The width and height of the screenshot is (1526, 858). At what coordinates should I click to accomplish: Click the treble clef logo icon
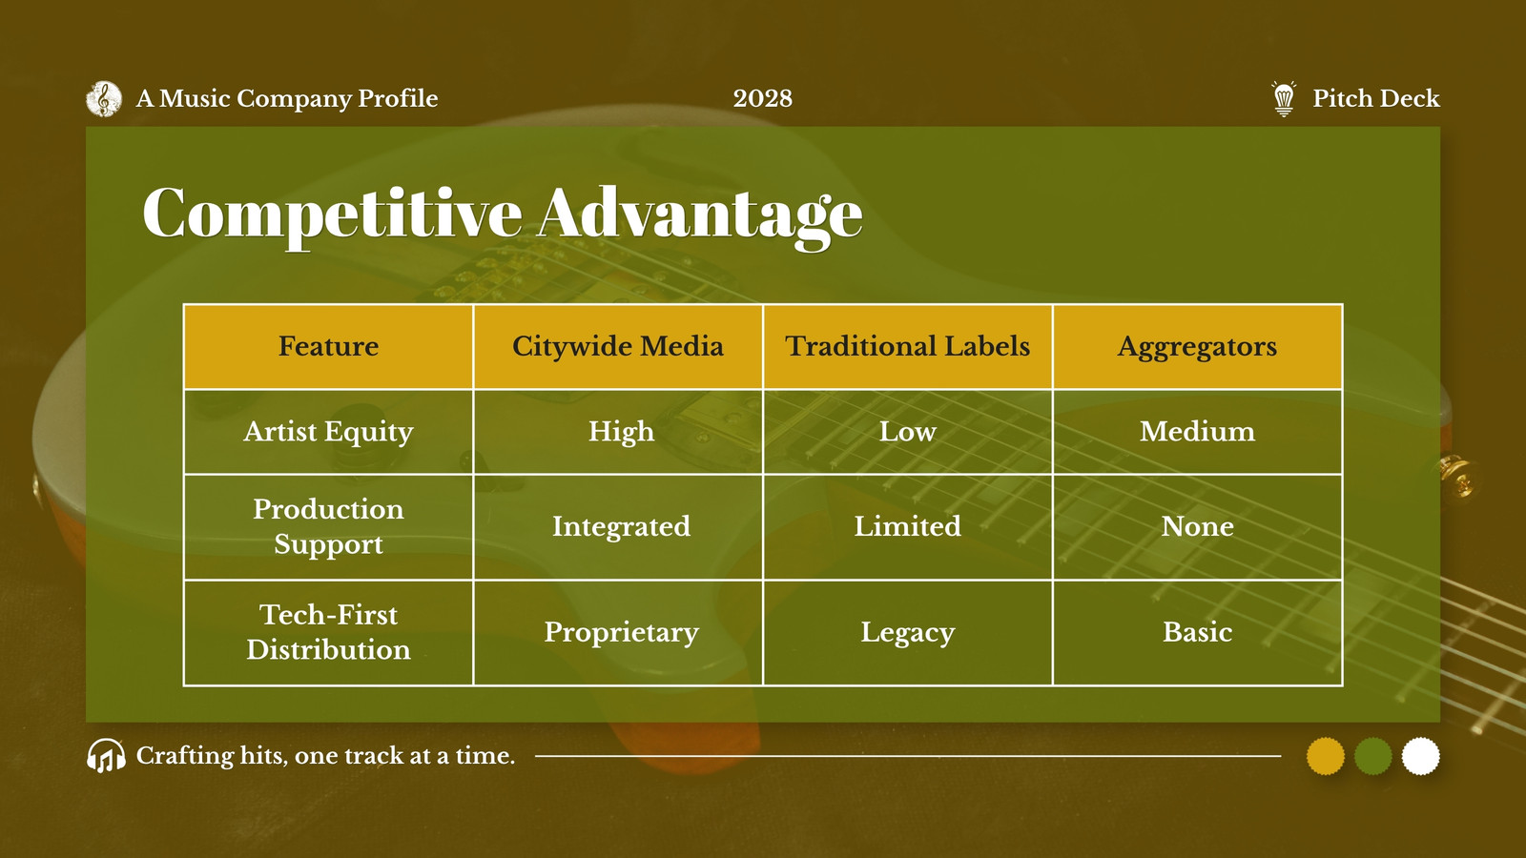(x=104, y=99)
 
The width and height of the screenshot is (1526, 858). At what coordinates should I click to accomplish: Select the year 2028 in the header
(x=762, y=99)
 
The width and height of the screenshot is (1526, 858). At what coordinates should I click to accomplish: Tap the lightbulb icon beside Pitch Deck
(x=1284, y=99)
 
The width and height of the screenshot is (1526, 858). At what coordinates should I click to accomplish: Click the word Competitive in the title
(x=332, y=214)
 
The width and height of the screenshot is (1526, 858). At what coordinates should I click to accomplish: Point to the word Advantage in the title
(x=700, y=214)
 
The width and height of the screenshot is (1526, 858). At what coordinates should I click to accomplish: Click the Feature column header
(x=328, y=347)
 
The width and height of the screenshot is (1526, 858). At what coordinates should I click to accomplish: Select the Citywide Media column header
(x=618, y=347)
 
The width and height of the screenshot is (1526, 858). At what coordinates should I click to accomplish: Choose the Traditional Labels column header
(x=907, y=347)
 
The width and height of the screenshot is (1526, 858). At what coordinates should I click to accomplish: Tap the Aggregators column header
(x=1197, y=347)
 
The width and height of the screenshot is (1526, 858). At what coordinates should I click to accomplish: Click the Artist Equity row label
(x=328, y=433)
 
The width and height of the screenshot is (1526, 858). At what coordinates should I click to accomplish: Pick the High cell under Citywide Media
(x=621, y=433)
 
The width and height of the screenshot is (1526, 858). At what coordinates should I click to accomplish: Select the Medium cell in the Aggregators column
(x=1197, y=432)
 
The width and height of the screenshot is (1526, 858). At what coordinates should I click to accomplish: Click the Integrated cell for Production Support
(x=621, y=527)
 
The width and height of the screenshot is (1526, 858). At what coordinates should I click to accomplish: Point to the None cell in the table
(x=1197, y=526)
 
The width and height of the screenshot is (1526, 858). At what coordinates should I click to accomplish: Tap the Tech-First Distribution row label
(x=328, y=632)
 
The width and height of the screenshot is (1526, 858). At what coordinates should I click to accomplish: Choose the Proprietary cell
(x=621, y=633)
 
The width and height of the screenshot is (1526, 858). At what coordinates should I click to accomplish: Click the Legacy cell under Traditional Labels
(x=907, y=633)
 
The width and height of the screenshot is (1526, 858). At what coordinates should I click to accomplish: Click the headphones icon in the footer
(x=106, y=756)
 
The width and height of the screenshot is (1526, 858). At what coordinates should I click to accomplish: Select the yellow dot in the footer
(x=1325, y=756)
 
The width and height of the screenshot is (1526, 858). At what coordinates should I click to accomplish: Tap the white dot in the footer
(x=1420, y=756)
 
